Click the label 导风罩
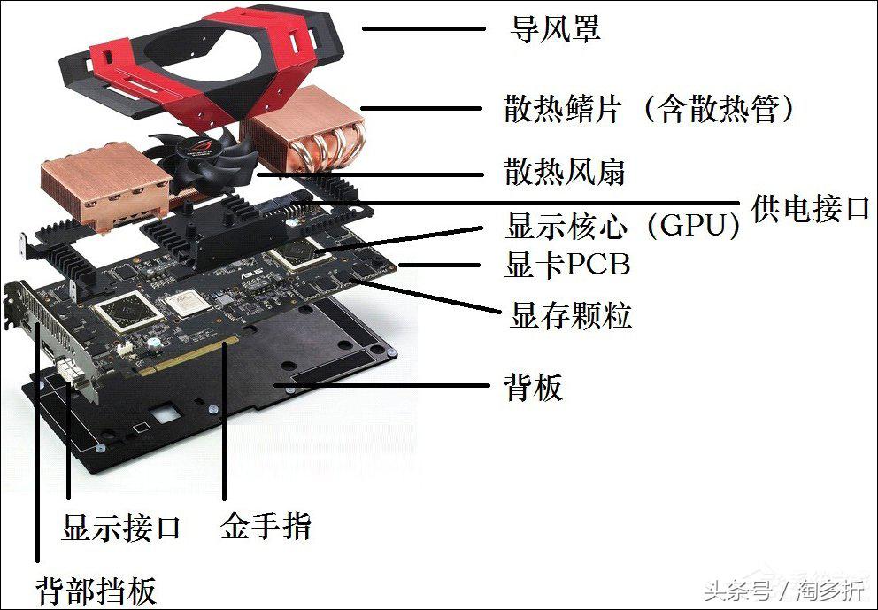coord(556,29)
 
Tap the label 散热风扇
coord(565,172)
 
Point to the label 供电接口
coord(811,209)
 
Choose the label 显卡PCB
coord(567,265)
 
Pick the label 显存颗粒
coord(571,315)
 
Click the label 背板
coord(533,387)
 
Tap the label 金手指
coord(266,528)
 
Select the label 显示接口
coord(121,528)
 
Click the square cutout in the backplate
coord(165,413)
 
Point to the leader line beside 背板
coord(389,386)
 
